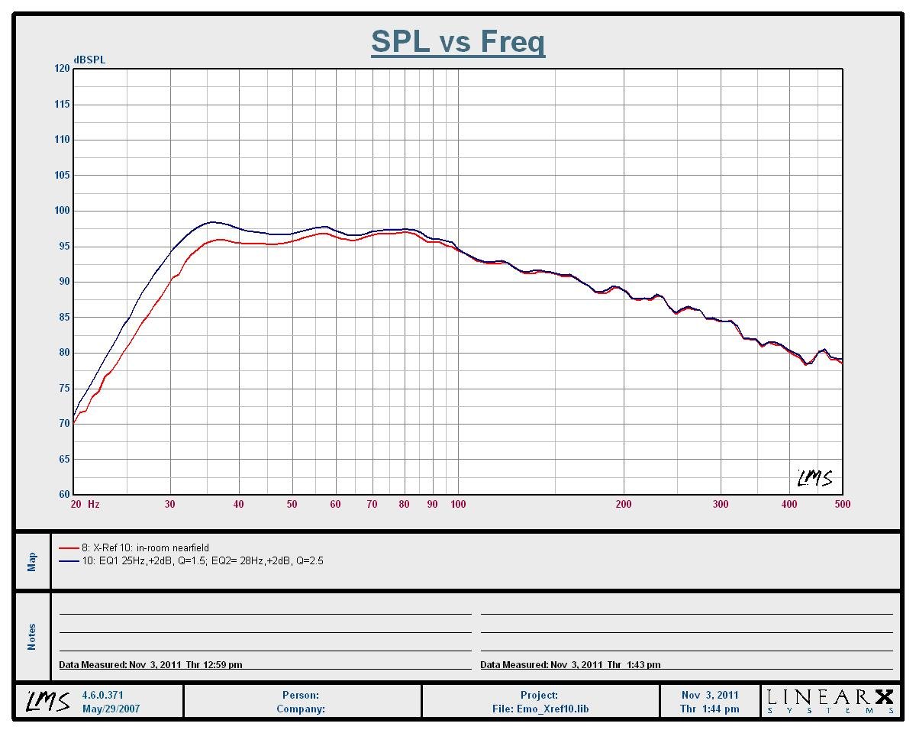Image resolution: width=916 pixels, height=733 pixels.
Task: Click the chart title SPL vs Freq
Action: (x=458, y=42)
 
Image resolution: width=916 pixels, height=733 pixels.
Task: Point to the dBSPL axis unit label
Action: (x=89, y=60)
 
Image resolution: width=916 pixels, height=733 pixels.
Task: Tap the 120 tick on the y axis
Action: (x=61, y=69)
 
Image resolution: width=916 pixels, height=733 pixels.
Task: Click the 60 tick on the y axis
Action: (x=63, y=495)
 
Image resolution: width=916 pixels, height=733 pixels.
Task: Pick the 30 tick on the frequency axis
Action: (x=170, y=504)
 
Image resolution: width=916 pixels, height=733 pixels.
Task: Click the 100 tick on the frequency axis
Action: (x=458, y=504)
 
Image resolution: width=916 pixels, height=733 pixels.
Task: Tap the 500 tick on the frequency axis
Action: (x=843, y=504)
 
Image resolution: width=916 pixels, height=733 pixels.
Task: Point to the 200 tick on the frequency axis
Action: (x=624, y=504)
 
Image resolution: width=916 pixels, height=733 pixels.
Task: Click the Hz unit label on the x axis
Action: (x=94, y=504)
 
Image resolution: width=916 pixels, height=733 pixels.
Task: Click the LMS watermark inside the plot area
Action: (x=815, y=478)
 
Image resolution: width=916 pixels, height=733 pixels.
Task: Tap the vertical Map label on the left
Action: (x=32, y=561)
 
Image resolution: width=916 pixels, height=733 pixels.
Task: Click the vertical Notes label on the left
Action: (x=32, y=637)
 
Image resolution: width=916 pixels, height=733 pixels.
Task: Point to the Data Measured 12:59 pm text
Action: (x=150, y=665)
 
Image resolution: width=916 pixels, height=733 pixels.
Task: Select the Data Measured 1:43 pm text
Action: (x=570, y=665)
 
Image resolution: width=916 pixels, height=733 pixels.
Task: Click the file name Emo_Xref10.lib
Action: (x=540, y=709)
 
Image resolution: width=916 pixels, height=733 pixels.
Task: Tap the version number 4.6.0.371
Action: (x=102, y=696)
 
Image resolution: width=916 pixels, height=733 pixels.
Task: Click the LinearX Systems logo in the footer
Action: (x=830, y=701)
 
